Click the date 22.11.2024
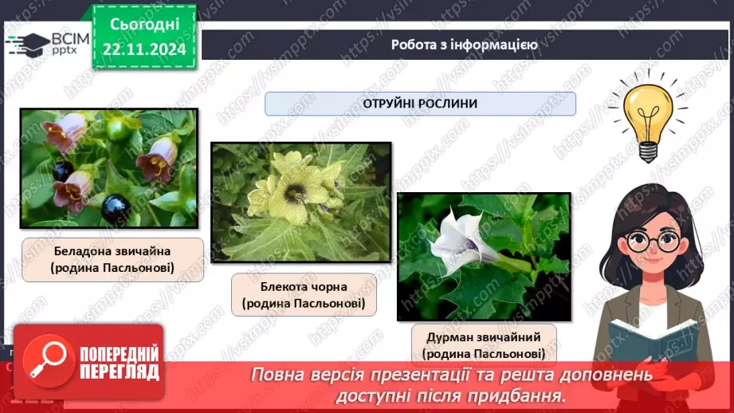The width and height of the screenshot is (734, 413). tap(143, 49)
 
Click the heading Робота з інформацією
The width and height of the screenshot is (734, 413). tap(464, 45)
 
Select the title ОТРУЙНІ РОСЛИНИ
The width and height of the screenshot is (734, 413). tap(420, 104)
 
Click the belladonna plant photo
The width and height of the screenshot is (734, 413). tap(108, 169)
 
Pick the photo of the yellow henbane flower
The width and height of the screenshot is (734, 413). tap(301, 203)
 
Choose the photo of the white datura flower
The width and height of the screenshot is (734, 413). tap(484, 256)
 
